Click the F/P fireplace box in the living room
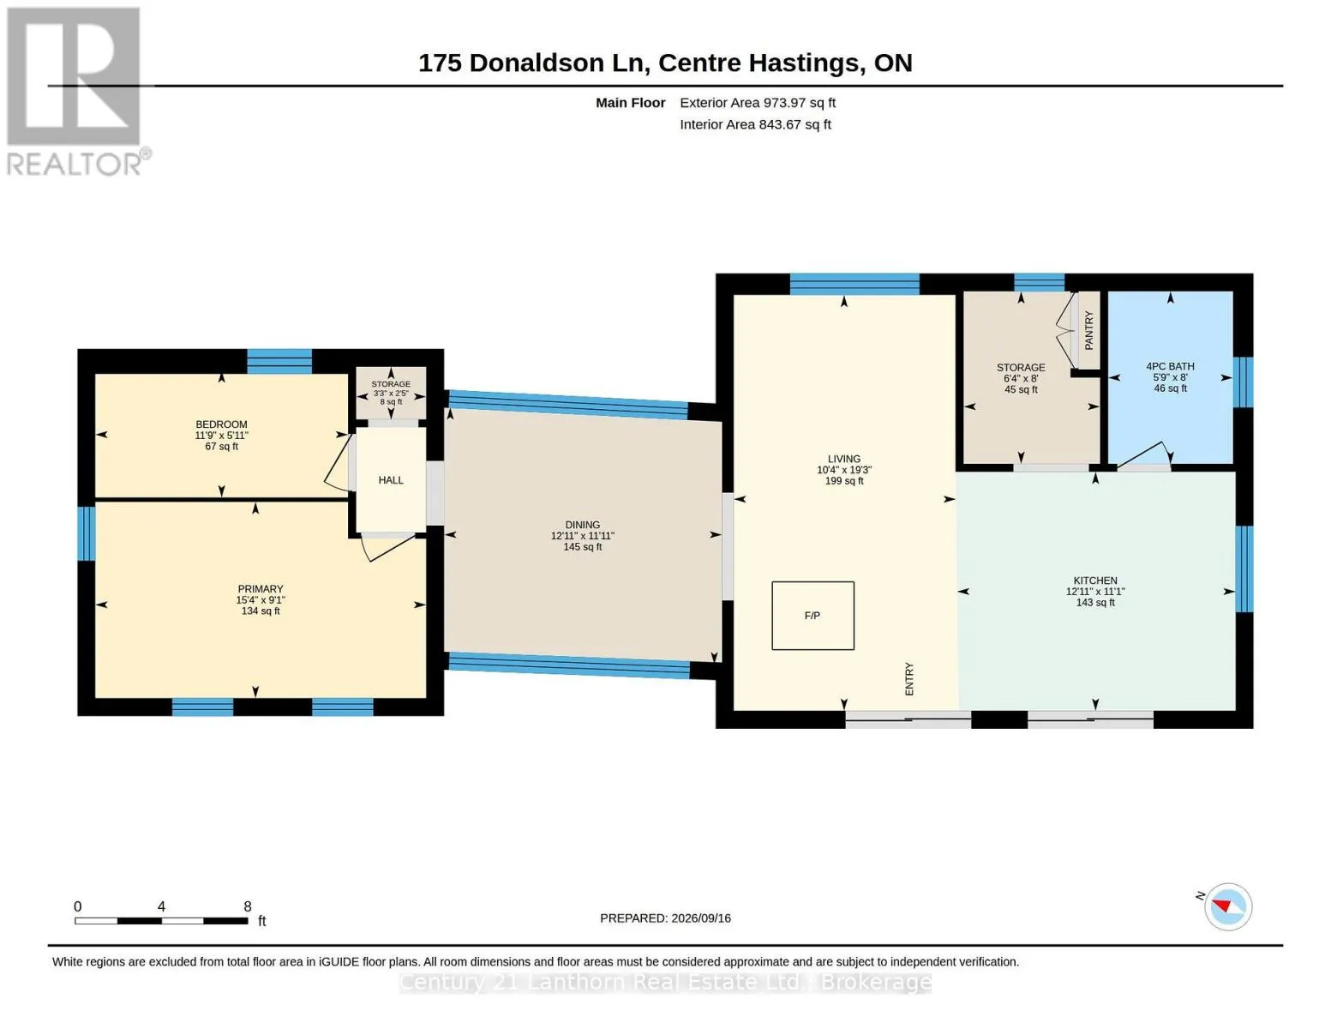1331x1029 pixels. pos(812,616)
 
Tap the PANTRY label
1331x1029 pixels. pos(1088,330)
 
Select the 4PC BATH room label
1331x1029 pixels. pos(1170,366)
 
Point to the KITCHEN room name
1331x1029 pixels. pos(1095,580)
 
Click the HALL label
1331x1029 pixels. pos(391,480)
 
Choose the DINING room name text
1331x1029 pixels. pos(583,525)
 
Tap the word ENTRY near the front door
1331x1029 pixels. pos(909,678)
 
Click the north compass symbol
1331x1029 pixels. pos(1226,906)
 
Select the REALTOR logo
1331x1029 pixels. pos(76,92)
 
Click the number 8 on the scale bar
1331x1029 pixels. pos(248,906)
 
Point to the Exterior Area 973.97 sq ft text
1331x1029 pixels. pos(758,103)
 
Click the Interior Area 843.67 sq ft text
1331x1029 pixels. pos(755,124)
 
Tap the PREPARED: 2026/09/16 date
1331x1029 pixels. pos(665,918)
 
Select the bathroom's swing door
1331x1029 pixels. pos(1143,454)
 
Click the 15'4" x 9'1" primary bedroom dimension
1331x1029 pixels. pos(261,600)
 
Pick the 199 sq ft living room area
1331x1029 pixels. pos(844,481)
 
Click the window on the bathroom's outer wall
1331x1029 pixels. pos(1243,382)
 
